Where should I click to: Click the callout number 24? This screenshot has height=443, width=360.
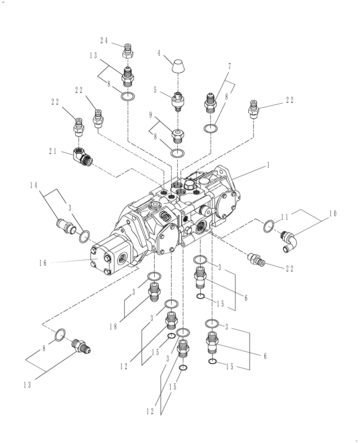click(104, 40)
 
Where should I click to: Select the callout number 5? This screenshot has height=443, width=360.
click(155, 90)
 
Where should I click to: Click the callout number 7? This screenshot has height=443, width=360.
click(229, 66)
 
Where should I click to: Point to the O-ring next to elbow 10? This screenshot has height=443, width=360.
click(268, 227)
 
